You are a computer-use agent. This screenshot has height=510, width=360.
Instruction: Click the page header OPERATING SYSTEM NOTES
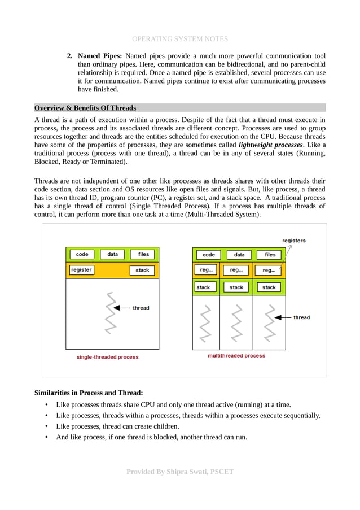click(179, 39)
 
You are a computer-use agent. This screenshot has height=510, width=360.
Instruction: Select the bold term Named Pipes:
click(100, 56)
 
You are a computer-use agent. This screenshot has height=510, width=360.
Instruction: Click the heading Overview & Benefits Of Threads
click(85, 108)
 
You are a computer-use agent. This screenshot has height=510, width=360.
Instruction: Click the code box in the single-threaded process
click(82, 255)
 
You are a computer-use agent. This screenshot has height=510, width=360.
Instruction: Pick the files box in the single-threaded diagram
click(143, 255)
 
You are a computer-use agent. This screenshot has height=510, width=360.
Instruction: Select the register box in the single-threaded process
click(81, 270)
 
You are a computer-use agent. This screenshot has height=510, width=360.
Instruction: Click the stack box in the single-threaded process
click(143, 271)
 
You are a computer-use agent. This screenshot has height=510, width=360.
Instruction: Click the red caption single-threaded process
click(107, 357)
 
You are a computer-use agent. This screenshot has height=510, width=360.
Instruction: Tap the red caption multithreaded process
click(236, 356)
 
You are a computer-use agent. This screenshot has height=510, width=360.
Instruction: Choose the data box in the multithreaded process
click(239, 255)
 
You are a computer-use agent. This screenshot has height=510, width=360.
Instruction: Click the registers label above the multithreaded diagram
click(294, 241)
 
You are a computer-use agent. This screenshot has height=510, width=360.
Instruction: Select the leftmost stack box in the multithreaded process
click(203, 287)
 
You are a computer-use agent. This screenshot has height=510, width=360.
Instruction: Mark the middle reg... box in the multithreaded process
click(236, 271)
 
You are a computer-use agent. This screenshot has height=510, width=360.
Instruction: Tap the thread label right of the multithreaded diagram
click(301, 317)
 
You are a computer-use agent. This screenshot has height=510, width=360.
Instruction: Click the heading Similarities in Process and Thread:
click(89, 393)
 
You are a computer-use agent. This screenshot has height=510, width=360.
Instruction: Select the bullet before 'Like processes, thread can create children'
click(46, 426)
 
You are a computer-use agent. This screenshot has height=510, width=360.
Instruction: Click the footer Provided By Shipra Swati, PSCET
click(179, 472)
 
